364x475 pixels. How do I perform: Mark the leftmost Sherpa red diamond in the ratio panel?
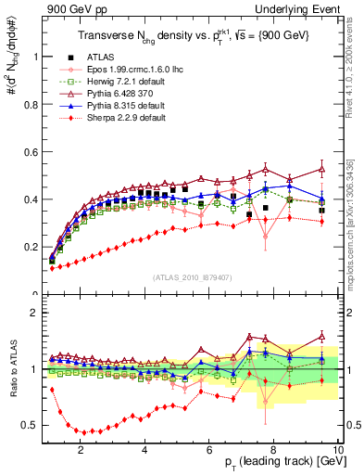[52, 390]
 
